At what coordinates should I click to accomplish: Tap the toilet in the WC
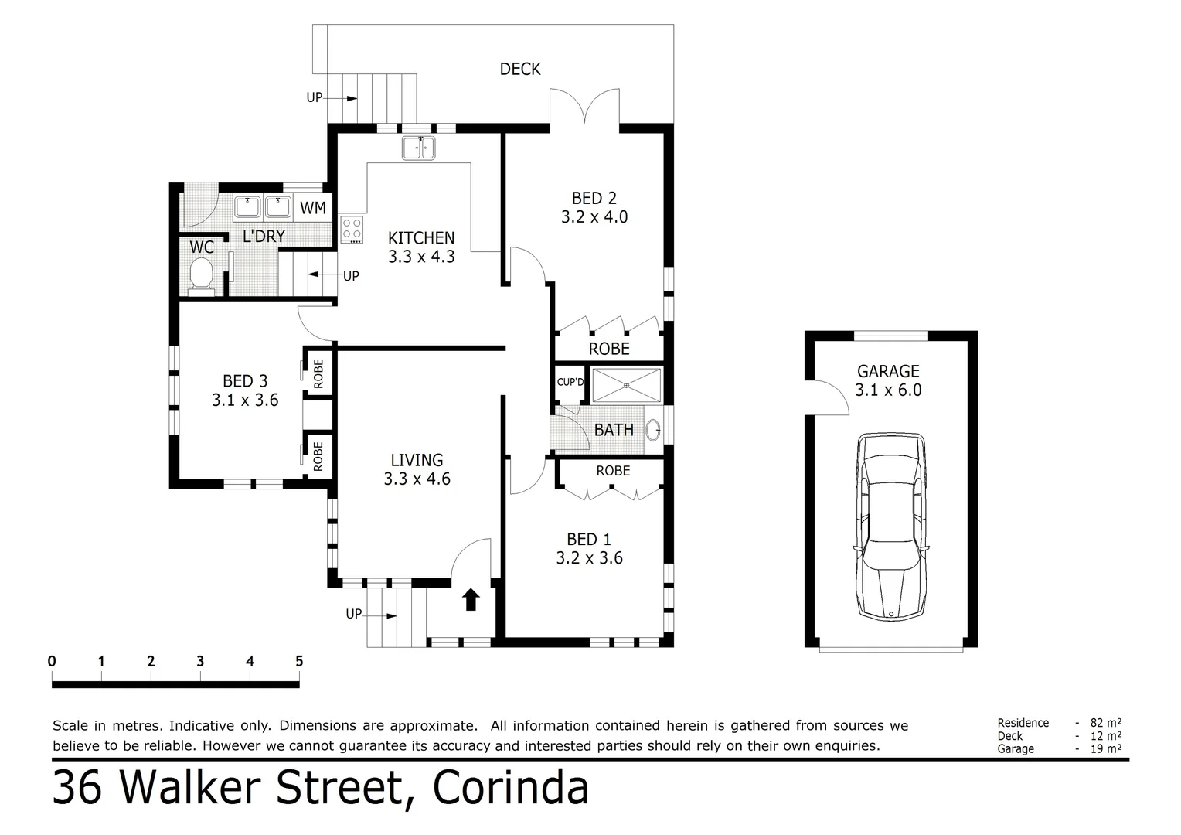pos(202,275)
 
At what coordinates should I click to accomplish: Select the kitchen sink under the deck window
pos(418,148)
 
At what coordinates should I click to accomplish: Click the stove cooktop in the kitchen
pos(352,229)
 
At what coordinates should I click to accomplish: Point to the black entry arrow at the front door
pos(470,600)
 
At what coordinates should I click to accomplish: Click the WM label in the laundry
pos(313,208)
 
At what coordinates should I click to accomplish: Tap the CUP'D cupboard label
pos(570,382)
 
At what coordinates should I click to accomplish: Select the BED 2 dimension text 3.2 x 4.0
pos(594,217)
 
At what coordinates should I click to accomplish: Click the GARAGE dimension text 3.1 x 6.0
pos(888,390)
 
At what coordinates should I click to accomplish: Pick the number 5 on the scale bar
pos(299,661)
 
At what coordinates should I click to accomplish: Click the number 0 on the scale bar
pos(52,661)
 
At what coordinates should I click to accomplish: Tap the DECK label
pos(520,70)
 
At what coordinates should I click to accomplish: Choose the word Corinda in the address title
pos(511,788)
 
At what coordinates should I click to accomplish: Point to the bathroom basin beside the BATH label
pos(653,429)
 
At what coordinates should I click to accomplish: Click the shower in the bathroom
pos(626,385)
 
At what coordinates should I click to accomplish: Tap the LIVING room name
pos(417,460)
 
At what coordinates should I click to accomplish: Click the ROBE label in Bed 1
pos(613,470)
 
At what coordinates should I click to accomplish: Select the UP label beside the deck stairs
pos(314,98)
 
